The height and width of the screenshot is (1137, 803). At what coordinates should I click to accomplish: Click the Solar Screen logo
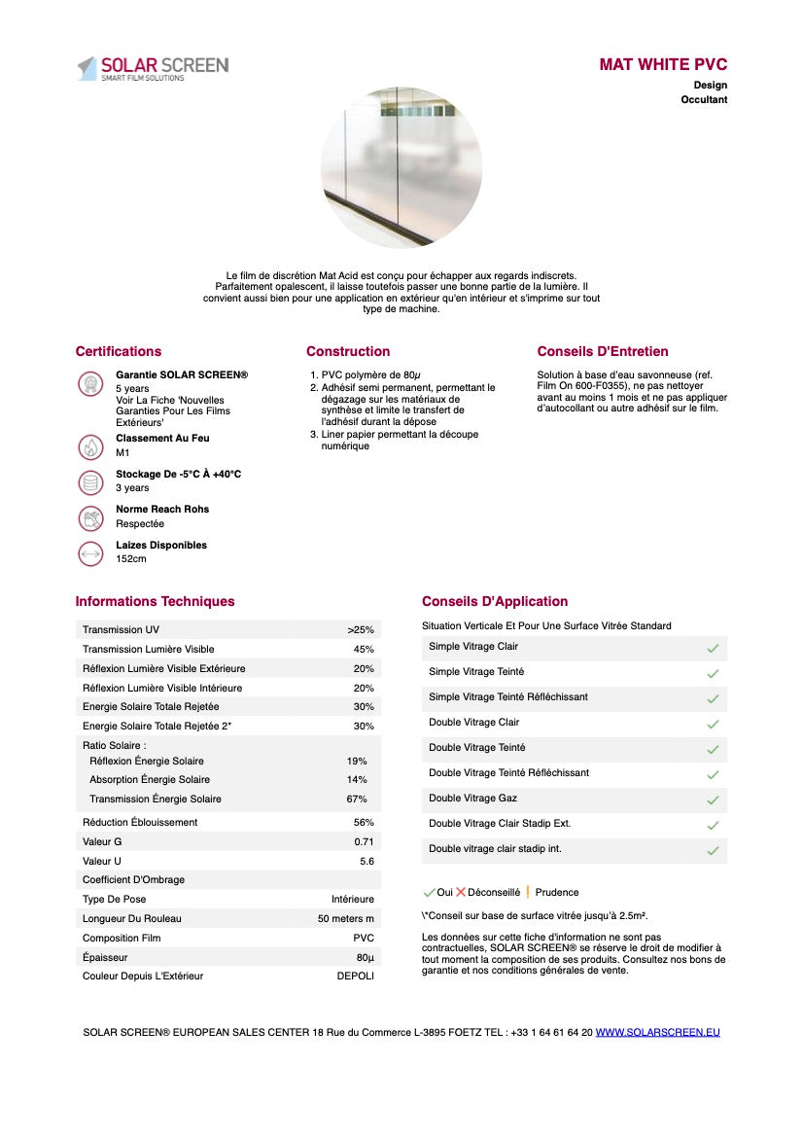click(x=154, y=68)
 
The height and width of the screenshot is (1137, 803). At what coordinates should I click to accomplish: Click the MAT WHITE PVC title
click(x=663, y=65)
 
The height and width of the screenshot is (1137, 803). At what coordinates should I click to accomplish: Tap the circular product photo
click(x=401, y=166)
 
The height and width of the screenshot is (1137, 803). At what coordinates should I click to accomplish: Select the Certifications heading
click(x=119, y=351)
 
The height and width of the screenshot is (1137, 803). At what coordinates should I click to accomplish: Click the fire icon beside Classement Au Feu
click(x=90, y=446)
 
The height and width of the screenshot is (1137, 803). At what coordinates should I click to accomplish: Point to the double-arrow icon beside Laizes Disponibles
click(x=90, y=552)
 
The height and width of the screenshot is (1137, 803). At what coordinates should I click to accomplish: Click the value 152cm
click(x=131, y=559)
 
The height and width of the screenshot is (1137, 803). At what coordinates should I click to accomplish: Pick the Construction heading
click(x=348, y=351)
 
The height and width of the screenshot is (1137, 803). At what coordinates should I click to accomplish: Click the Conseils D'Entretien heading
click(x=603, y=351)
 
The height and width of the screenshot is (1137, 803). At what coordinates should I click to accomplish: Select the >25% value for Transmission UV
click(x=361, y=630)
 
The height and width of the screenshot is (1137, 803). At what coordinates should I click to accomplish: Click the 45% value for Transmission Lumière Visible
click(x=364, y=649)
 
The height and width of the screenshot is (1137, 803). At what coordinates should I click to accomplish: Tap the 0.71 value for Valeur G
click(x=364, y=841)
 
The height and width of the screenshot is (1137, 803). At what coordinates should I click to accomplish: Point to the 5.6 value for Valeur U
click(x=367, y=861)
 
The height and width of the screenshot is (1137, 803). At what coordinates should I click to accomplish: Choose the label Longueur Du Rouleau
click(x=132, y=918)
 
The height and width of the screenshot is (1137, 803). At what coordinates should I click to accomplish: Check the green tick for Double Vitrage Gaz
click(x=713, y=799)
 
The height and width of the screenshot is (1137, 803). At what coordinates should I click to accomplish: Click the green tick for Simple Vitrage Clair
click(x=713, y=648)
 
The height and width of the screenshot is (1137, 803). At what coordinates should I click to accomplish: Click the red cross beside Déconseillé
click(x=461, y=892)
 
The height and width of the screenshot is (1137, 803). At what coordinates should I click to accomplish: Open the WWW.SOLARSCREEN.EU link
click(x=658, y=1032)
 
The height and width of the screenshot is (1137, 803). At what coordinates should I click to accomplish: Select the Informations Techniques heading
click(x=155, y=601)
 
